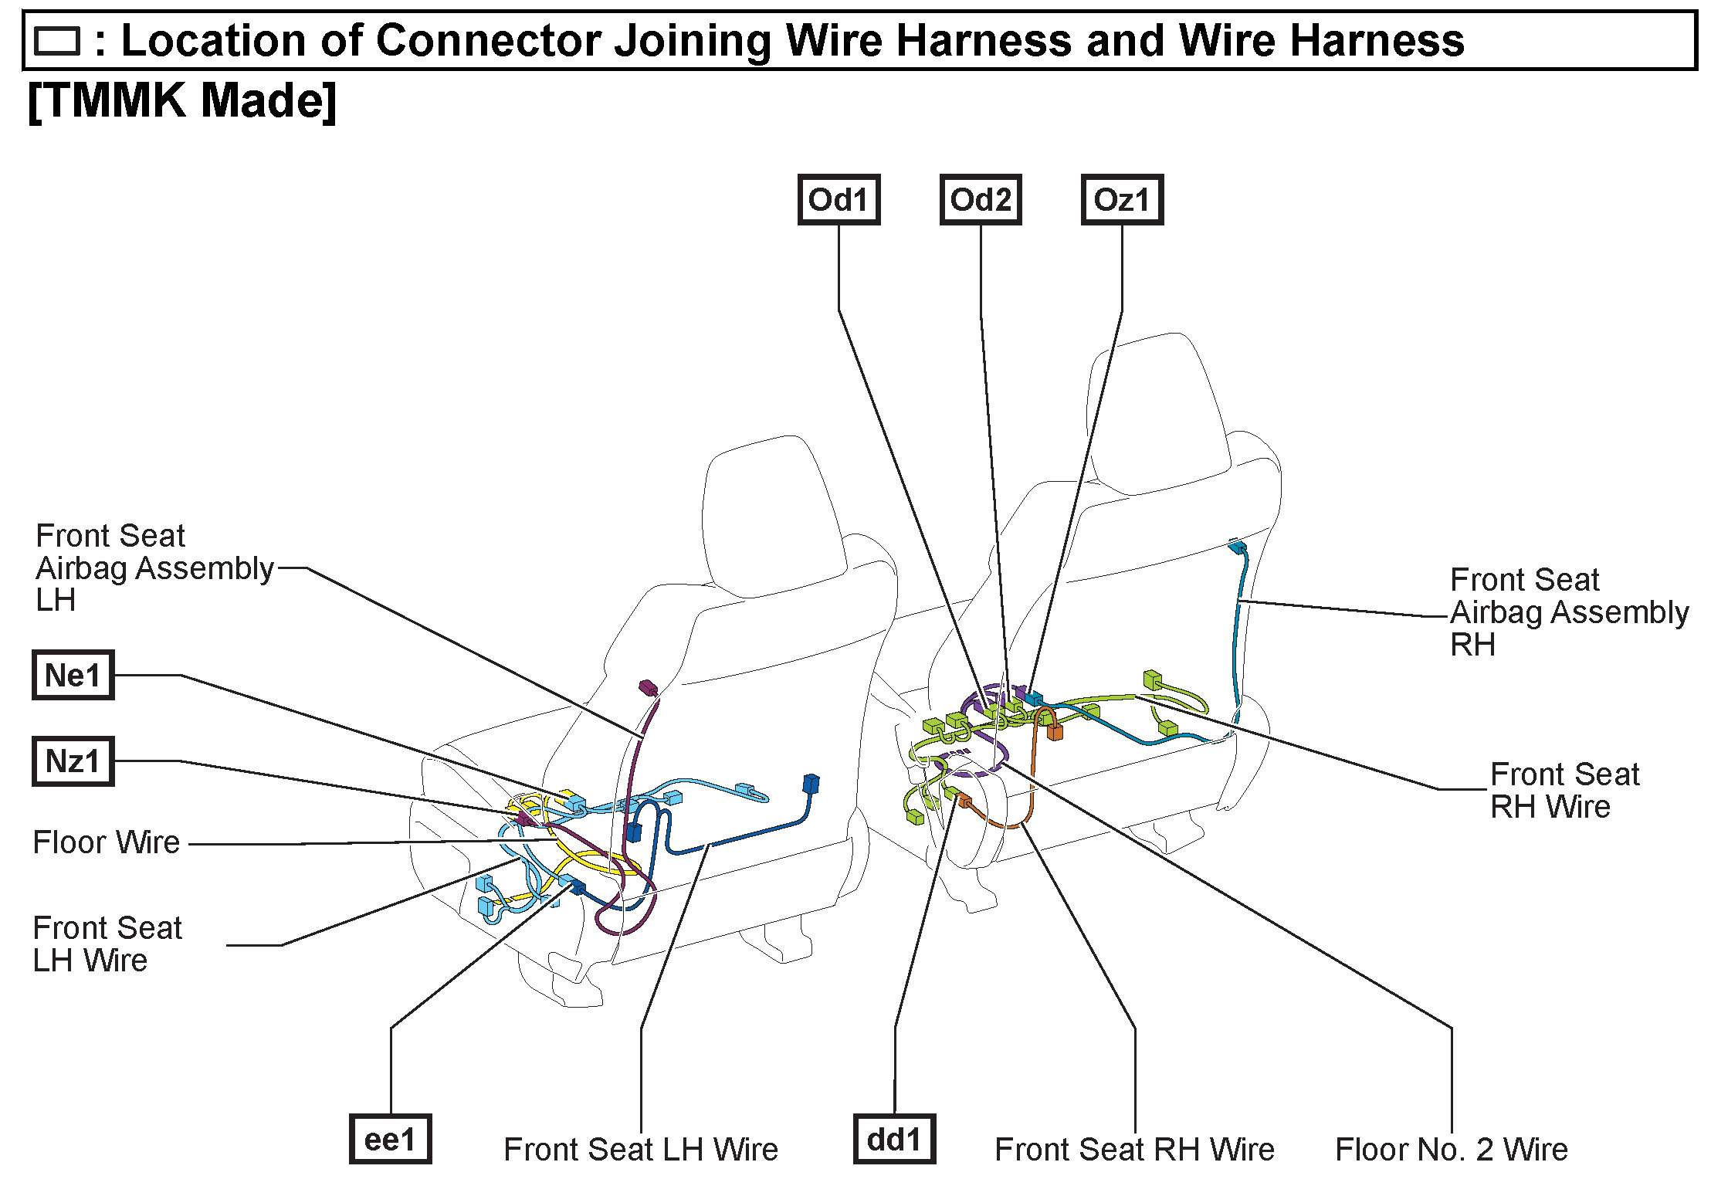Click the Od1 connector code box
tap(839, 200)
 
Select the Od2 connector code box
tap(980, 200)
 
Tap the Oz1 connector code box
tap(1122, 200)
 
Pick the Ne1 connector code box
tap(73, 676)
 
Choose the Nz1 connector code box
tap(73, 761)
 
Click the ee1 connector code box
tap(390, 1140)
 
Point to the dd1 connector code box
tap(894, 1140)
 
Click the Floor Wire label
tap(107, 842)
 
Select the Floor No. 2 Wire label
tap(1452, 1150)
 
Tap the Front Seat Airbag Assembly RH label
tap(1567, 612)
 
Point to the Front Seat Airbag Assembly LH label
tap(153, 568)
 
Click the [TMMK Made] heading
tap(182, 100)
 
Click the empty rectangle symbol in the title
tap(58, 41)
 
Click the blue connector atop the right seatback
tap(1237, 547)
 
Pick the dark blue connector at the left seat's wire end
tap(810, 784)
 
